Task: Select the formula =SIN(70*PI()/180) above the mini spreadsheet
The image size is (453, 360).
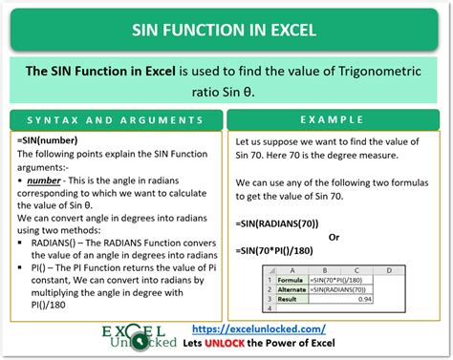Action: pos(287,250)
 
